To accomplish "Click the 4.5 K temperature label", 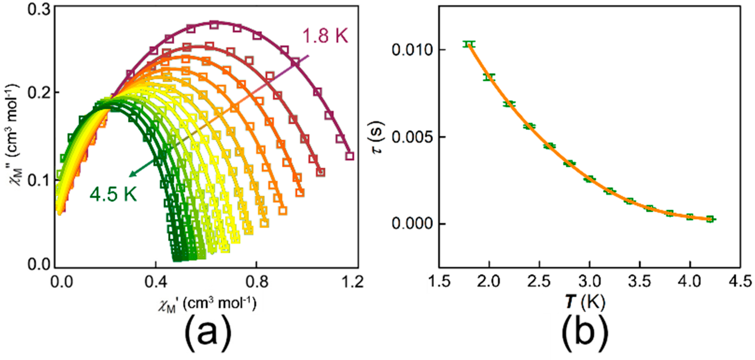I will [114, 194].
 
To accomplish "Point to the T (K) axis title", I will [584, 302].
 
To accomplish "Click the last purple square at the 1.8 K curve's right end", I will [350, 156].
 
